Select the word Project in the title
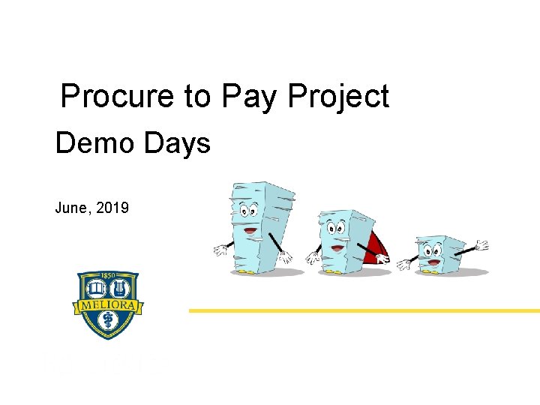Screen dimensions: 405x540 coord(338,97)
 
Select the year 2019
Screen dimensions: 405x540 coord(112,208)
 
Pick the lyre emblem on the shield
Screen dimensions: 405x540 coord(118,289)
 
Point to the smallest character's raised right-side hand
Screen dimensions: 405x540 coord(481,245)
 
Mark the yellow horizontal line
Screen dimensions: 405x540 coord(364,310)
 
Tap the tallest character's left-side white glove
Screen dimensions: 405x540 coord(220,250)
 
